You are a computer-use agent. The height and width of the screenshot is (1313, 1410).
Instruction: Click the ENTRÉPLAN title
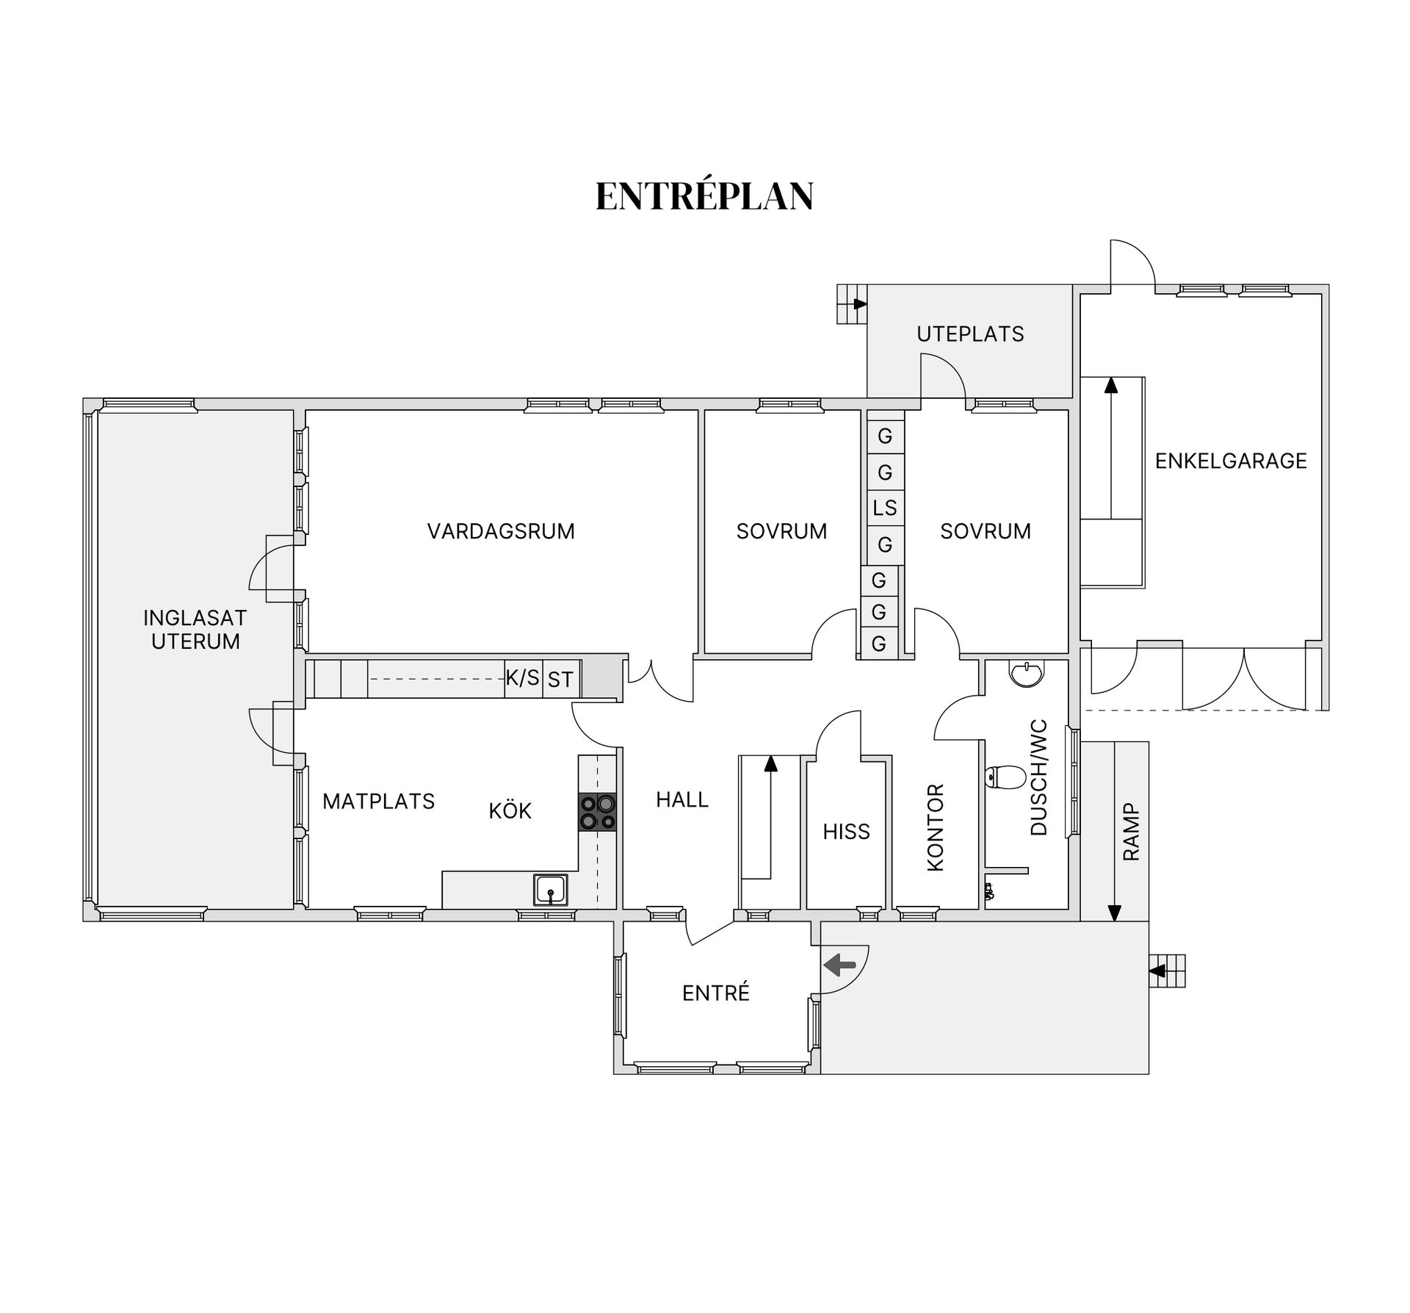704,196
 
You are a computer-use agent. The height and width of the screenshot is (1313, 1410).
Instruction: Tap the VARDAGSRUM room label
501,531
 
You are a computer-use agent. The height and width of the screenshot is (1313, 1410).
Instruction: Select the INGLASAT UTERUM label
195,630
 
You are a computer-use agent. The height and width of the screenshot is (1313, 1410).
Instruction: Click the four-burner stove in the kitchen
597,812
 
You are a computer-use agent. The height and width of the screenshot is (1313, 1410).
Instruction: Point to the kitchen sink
550,890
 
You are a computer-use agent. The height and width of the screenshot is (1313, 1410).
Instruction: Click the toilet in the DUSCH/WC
1005,777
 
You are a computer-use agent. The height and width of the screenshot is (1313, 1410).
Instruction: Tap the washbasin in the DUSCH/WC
1026,673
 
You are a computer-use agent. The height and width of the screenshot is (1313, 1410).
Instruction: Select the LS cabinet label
885,508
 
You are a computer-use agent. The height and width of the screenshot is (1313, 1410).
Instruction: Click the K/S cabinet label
523,677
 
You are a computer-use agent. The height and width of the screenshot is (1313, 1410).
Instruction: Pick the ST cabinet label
560,680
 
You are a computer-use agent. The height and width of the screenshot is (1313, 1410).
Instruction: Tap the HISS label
846,832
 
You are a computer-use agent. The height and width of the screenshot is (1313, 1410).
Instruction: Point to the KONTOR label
936,828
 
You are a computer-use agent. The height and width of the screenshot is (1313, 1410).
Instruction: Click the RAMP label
1131,832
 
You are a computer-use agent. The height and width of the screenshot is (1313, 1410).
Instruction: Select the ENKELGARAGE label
1231,461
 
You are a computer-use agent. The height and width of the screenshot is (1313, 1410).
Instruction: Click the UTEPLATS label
970,334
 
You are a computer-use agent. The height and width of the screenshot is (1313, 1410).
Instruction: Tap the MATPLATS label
379,801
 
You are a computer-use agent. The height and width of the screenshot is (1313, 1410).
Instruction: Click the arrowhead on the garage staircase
1111,385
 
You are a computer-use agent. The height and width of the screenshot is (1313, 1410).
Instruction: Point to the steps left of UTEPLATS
852,303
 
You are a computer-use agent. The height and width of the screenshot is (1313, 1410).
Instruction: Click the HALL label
682,799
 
